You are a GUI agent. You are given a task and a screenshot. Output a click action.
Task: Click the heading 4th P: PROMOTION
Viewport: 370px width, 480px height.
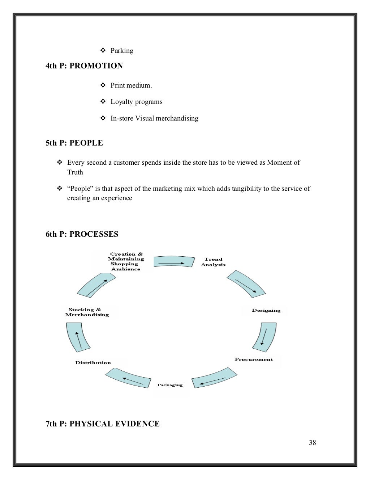(84, 66)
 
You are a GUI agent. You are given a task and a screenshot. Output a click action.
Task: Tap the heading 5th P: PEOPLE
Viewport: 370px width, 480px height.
(74, 143)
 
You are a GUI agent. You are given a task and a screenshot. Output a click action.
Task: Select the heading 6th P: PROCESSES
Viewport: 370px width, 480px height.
(82, 234)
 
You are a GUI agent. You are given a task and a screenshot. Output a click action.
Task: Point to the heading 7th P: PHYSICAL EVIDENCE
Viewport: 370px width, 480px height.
(102, 424)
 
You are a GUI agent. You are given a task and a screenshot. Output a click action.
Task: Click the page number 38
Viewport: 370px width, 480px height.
(312, 442)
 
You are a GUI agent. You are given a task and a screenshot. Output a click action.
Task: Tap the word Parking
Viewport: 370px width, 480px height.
(122, 51)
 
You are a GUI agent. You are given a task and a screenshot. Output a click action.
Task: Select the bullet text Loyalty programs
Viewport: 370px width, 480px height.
(136, 102)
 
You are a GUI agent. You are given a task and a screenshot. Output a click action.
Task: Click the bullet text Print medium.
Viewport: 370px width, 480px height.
(131, 85)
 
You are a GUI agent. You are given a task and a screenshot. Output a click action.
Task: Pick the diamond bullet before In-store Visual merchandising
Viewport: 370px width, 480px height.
(103, 118)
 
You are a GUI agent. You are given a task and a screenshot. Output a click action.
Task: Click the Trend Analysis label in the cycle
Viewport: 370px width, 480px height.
(213, 262)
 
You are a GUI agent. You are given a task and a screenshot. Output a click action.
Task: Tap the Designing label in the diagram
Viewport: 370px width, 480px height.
(266, 310)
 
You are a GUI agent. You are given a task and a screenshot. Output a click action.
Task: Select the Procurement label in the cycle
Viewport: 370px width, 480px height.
(254, 359)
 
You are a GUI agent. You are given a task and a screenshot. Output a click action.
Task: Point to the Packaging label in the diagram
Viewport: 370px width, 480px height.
(170, 385)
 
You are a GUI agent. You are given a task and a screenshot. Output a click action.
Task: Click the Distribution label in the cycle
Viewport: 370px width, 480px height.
(93, 363)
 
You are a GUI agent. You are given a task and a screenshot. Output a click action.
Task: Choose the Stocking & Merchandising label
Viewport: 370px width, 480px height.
(87, 312)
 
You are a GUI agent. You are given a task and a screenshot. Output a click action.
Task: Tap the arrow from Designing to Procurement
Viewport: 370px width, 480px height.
(264, 337)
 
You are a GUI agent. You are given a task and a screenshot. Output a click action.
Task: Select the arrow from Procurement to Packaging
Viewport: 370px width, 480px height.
(214, 378)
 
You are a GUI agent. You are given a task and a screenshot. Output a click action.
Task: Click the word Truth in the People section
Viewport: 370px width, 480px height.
(75, 172)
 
